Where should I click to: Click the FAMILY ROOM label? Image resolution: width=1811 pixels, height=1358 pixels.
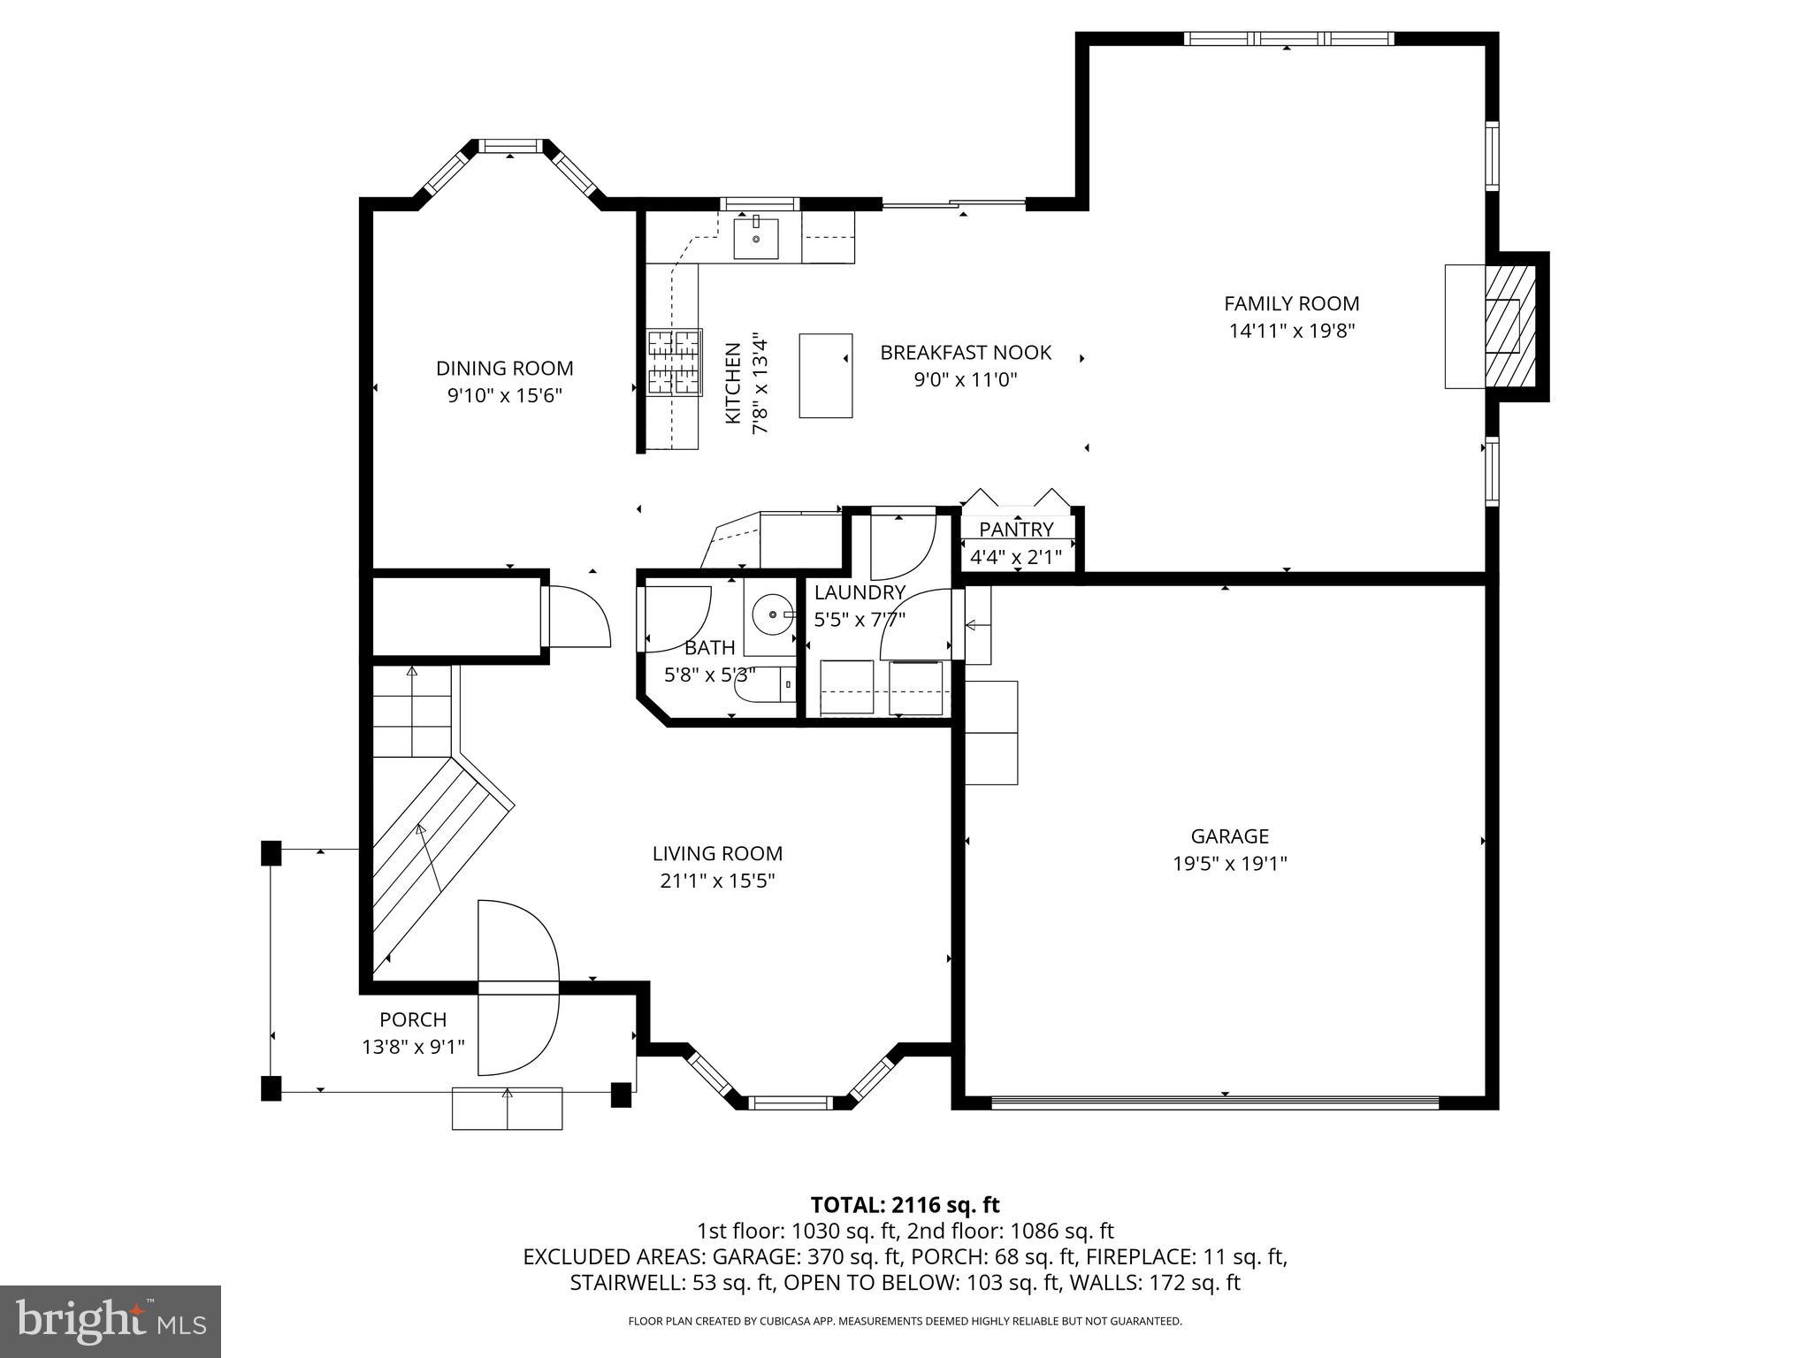1291,303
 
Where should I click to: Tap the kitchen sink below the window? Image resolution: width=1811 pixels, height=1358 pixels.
756,239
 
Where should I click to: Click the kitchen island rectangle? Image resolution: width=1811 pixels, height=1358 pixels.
826,376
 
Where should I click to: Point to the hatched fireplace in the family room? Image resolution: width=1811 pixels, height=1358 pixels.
1509,326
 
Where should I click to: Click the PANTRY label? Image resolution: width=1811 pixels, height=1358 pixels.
1016,529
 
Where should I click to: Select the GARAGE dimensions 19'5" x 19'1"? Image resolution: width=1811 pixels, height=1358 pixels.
1229,863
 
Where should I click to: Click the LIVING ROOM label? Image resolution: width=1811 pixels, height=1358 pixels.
717,853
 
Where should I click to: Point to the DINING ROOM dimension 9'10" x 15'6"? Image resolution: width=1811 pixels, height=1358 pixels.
504,394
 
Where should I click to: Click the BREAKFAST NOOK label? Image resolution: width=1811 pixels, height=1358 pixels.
966,353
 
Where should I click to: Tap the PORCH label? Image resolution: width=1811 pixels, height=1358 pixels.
413,1019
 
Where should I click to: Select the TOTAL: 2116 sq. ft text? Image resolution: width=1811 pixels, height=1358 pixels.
905,1204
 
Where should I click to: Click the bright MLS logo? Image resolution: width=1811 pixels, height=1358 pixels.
111,1321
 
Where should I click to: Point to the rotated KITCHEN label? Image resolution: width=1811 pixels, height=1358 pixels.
733,384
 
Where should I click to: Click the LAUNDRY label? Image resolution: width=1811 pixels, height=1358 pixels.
860,592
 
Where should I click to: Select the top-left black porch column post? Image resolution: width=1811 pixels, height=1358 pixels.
271,852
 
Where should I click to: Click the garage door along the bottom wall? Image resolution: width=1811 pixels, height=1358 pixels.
1215,1102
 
